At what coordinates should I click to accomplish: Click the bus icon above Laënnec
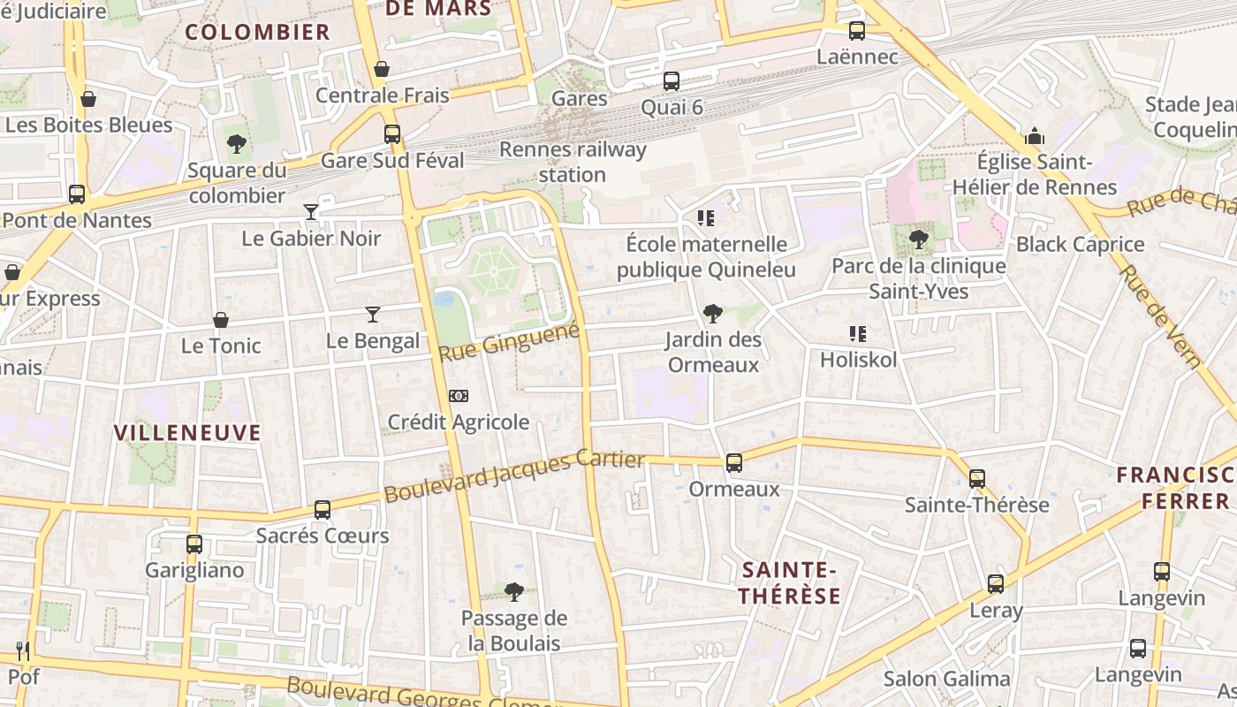856,31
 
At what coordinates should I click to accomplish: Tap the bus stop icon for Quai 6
672,81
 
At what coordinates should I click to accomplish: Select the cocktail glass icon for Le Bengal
373,315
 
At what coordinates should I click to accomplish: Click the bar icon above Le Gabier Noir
311,212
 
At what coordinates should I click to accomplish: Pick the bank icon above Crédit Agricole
459,396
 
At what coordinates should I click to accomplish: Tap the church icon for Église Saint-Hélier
1035,136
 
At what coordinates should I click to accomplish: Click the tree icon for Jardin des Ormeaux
712,313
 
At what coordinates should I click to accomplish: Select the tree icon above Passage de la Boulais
514,592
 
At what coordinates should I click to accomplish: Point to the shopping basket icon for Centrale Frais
382,69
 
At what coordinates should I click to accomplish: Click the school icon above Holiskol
857,334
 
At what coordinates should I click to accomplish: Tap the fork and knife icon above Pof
23,651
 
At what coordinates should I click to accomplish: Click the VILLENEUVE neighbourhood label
188,432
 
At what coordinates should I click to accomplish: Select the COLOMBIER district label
257,33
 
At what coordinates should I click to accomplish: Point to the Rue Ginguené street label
510,342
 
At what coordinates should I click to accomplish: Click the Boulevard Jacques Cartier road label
514,476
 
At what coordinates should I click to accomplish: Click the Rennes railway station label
573,162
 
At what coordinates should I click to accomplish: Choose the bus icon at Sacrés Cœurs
323,510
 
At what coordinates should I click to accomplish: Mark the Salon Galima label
946,679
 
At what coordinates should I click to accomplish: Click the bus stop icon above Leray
996,584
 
